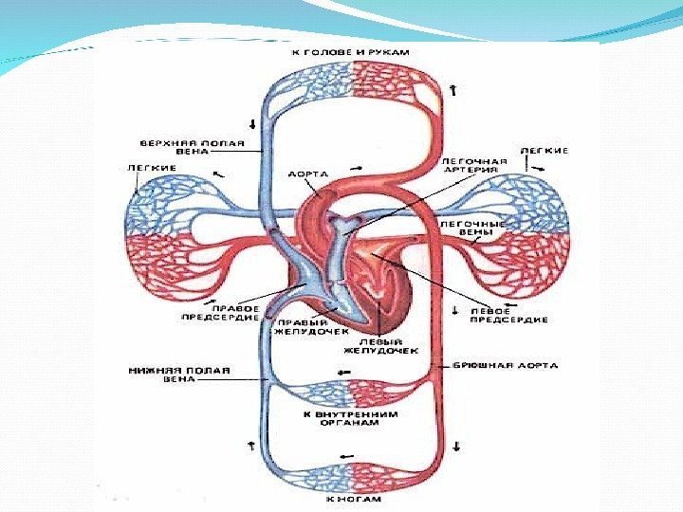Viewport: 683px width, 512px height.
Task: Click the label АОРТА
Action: pyautogui.click(x=308, y=174)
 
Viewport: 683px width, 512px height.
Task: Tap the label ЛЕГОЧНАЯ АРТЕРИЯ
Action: pyautogui.click(x=475, y=166)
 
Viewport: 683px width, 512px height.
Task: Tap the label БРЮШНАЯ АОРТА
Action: pyautogui.click(x=505, y=365)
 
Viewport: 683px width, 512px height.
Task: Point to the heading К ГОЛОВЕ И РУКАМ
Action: pyautogui.click(x=352, y=51)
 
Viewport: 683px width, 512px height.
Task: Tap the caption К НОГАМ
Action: pyautogui.click(x=353, y=497)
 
